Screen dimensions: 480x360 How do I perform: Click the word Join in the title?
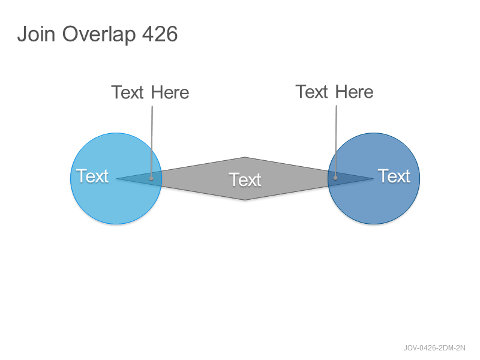click(36, 34)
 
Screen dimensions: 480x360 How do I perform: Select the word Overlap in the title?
click(99, 35)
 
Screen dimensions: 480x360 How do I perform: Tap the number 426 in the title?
click(160, 34)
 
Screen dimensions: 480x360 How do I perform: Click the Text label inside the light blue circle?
click(92, 176)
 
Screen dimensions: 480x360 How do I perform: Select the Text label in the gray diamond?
click(245, 179)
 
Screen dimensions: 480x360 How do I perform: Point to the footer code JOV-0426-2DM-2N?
click(434, 348)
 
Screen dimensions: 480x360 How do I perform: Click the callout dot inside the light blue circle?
click(151, 178)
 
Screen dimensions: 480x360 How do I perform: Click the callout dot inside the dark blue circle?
click(335, 178)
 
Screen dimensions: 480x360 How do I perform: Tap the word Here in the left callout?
click(170, 92)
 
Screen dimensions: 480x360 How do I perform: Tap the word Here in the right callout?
click(354, 92)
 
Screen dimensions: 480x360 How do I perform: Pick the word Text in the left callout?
click(127, 92)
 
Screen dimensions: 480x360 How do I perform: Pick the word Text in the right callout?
click(311, 92)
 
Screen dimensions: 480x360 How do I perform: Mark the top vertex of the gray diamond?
click(245, 157)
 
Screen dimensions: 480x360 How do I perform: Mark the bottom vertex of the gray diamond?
click(245, 200)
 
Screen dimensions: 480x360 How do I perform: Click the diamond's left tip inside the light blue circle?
click(116, 178)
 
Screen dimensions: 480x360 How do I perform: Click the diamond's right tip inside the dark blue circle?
click(373, 178)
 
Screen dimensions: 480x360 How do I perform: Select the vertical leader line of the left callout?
click(152, 142)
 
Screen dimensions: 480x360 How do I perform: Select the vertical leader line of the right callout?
click(336, 141)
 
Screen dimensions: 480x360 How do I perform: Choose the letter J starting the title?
click(22, 34)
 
